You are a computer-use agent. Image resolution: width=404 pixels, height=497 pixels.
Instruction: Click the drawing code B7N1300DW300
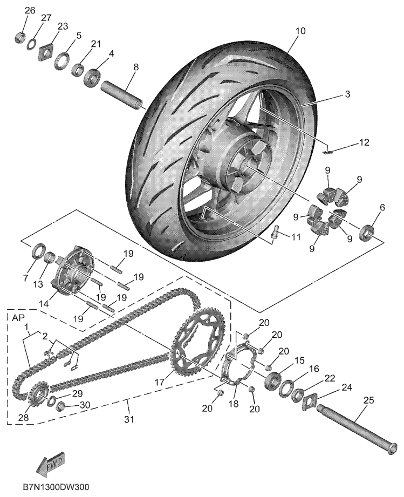(56, 487)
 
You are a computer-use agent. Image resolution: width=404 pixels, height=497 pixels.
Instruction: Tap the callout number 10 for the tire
(300, 31)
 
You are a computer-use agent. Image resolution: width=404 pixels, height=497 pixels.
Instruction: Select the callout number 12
(365, 142)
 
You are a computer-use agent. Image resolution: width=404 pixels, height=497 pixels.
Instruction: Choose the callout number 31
(127, 418)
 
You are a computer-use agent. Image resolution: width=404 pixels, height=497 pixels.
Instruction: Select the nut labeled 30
(61, 404)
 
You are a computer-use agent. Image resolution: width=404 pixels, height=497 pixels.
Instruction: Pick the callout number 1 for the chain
(25, 327)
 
